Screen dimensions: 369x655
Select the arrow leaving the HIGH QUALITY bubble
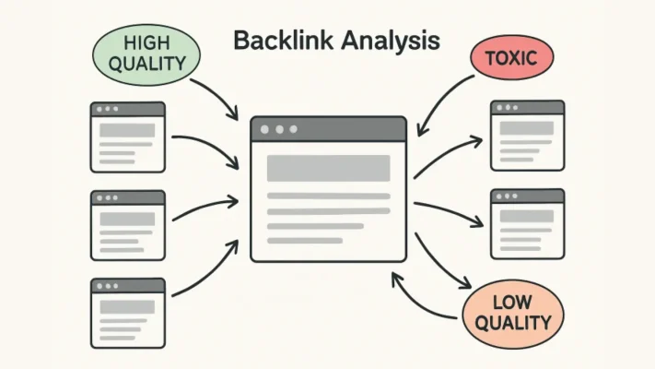click(222, 98)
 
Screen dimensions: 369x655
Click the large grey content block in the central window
click(328, 168)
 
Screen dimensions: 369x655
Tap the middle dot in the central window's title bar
click(280, 129)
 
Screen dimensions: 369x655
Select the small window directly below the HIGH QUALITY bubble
click(127, 137)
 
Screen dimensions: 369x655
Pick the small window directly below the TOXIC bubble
click(526, 136)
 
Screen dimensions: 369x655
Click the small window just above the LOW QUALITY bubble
click(526, 223)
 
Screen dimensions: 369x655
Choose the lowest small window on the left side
click(127, 313)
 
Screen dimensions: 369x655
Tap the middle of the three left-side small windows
click(127, 225)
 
